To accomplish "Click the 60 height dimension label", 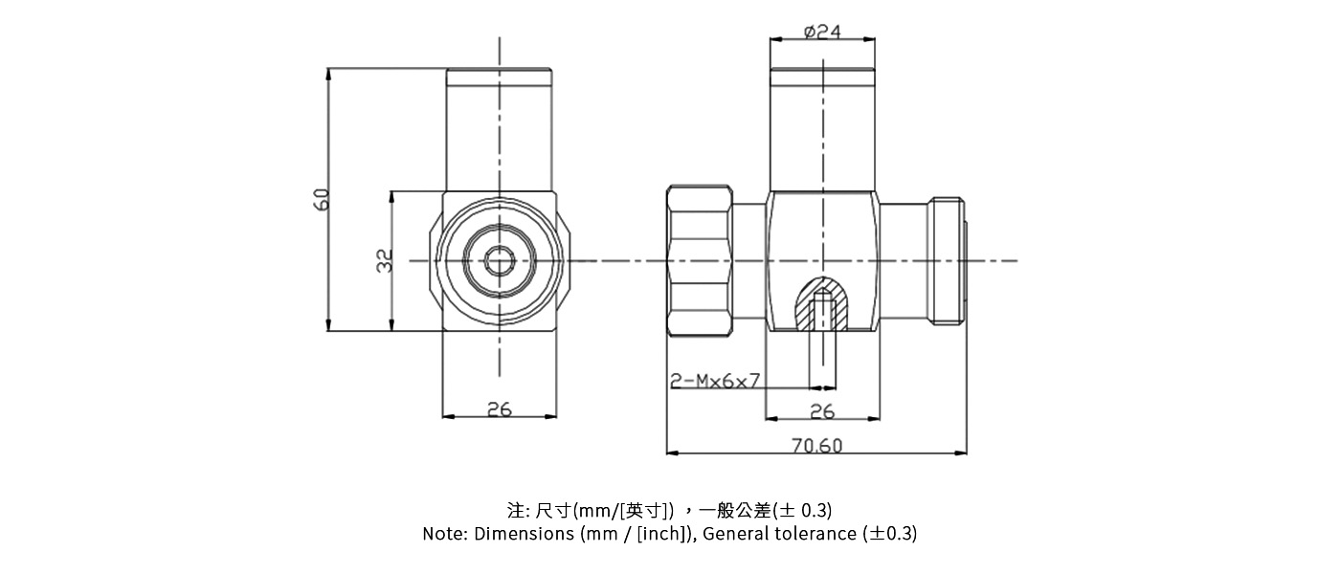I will [322, 199].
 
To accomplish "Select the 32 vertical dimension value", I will [385, 260].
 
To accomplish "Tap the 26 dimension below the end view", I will [499, 409].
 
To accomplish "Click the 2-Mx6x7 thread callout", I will [715, 381].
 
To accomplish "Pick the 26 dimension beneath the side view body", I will [822, 411].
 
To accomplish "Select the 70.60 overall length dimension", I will [817, 446].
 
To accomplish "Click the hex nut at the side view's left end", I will [700, 260].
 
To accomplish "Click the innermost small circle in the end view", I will [499, 260].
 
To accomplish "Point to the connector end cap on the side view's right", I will [949, 260].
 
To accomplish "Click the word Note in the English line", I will [443, 534].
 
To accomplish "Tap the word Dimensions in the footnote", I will [525, 534].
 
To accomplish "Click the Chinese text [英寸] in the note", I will [648, 509].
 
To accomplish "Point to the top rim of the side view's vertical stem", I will [822, 72].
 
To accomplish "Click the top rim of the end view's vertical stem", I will [499, 72].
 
